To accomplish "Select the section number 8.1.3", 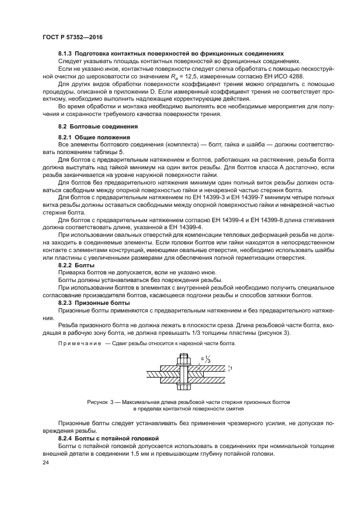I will coord(66,54).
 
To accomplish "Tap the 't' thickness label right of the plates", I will coord(231,369).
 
